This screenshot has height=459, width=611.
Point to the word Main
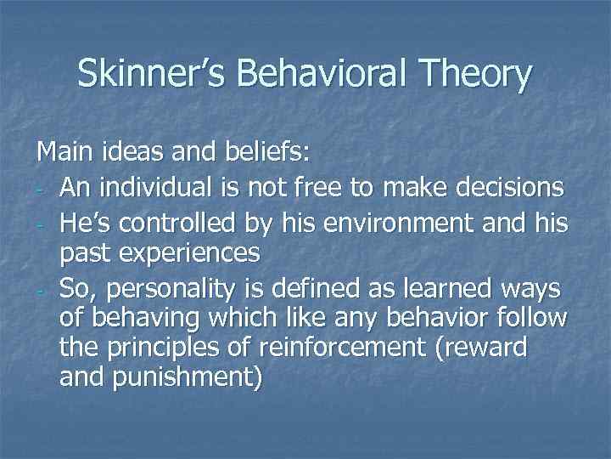pos(64,155)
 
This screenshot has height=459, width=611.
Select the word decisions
pos(508,188)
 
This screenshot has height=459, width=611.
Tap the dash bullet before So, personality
pos(41,289)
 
